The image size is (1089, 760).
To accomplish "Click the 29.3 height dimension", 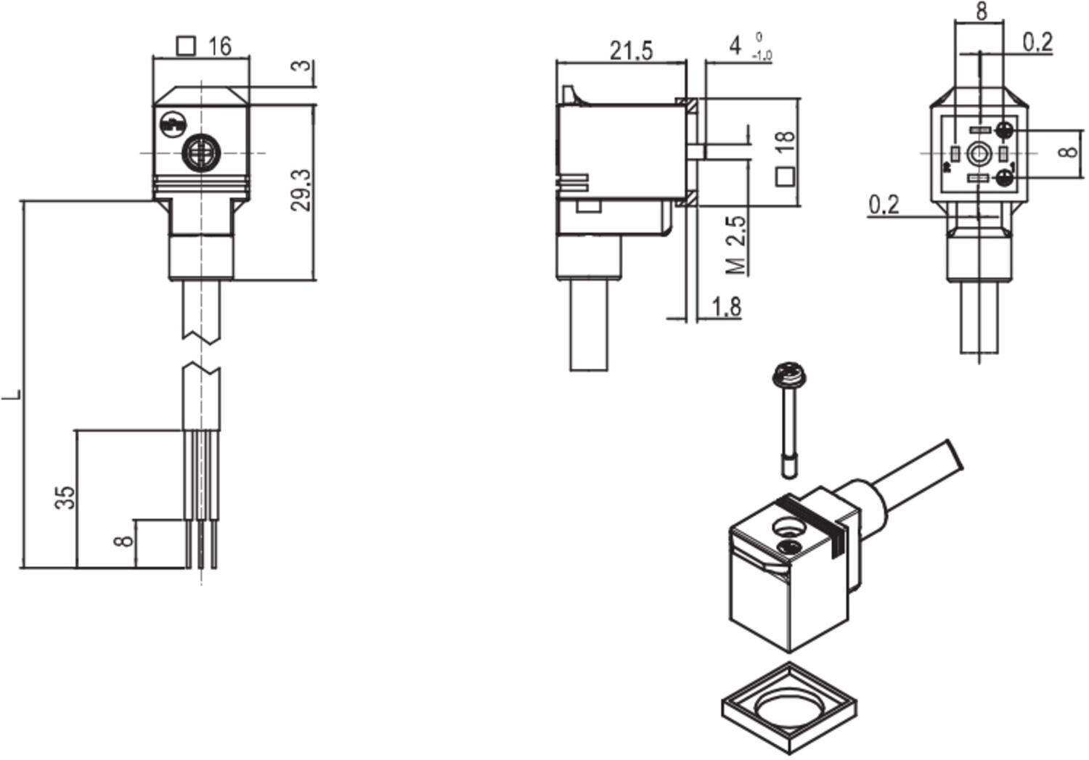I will click(x=301, y=190).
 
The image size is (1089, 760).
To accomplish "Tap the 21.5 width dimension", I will click(x=631, y=51).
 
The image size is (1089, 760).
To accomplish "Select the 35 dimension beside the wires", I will click(x=65, y=497).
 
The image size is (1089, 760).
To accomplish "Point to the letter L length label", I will click(x=13, y=396).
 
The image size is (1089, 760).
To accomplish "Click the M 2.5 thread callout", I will click(x=736, y=245).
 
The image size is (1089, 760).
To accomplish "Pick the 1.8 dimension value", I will click(x=727, y=307).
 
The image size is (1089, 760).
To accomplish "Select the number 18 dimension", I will click(x=785, y=142).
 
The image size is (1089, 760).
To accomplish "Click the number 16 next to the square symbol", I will click(x=219, y=46).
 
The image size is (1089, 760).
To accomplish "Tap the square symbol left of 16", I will click(x=187, y=46).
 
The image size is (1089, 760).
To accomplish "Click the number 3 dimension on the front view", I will click(x=301, y=65).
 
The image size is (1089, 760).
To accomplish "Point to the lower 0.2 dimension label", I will click(x=884, y=205).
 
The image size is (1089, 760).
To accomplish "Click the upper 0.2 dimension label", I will click(x=1037, y=43).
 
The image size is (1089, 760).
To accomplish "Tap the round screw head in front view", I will click(x=200, y=152).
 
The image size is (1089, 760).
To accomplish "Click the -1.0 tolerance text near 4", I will click(x=762, y=56).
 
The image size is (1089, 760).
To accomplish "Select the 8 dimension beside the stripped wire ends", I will click(x=125, y=541).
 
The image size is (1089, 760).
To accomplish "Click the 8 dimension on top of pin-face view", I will click(x=982, y=12).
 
